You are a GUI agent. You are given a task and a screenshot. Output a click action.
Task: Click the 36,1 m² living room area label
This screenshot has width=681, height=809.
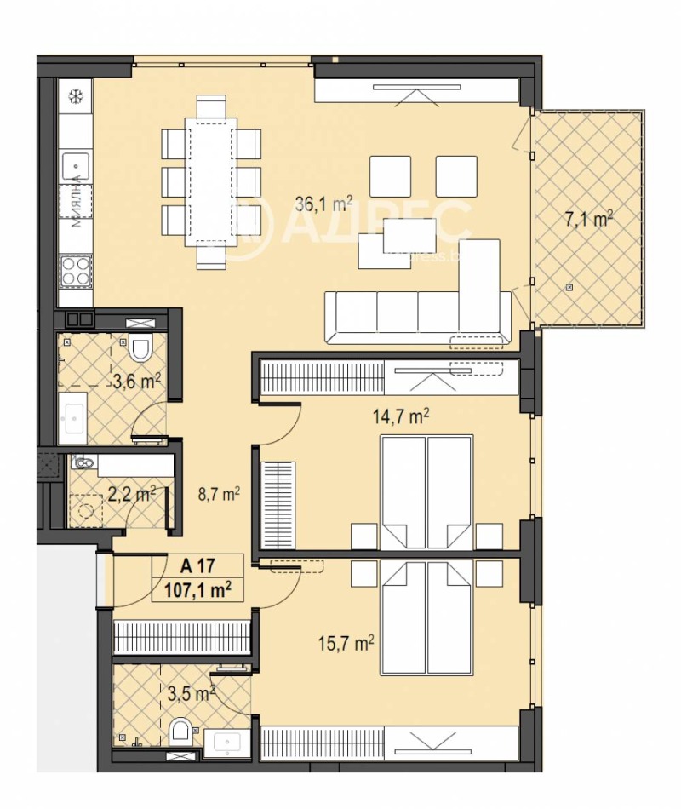click(324, 204)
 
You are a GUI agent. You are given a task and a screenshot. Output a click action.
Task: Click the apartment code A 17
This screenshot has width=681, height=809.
click(197, 565)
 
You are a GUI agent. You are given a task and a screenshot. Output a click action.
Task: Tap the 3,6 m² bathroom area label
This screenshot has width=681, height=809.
click(137, 381)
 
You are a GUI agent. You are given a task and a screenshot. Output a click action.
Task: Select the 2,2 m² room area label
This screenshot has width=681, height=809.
click(130, 493)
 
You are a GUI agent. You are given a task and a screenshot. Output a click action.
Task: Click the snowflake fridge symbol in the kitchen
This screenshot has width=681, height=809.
click(74, 95)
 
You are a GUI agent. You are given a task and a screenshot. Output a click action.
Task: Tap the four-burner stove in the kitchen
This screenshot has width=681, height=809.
click(75, 273)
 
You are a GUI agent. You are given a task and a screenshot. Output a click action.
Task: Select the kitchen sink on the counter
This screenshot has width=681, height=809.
click(75, 161)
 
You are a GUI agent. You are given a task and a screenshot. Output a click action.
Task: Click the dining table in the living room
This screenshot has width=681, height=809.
click(210, 181)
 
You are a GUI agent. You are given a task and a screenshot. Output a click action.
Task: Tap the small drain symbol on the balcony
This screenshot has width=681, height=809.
click(569, 289)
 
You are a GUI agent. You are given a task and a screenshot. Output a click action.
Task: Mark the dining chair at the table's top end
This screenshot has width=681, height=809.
click(211, 106)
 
